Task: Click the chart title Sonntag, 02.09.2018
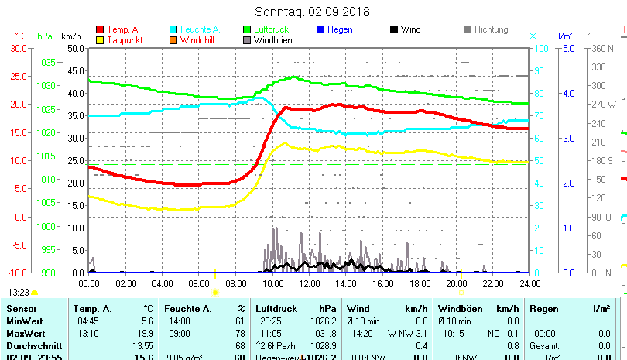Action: [312, 12]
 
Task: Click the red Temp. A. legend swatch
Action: [100, 29]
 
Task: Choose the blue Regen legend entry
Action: [335, 29]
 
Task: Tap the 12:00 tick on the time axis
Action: [308, 283]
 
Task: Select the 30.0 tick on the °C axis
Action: [19, 48]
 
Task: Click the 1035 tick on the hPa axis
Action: [46, 62]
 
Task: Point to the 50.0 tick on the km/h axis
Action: [74, 48]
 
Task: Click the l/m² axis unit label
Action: [564, 36]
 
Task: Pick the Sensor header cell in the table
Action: [21, 309]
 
